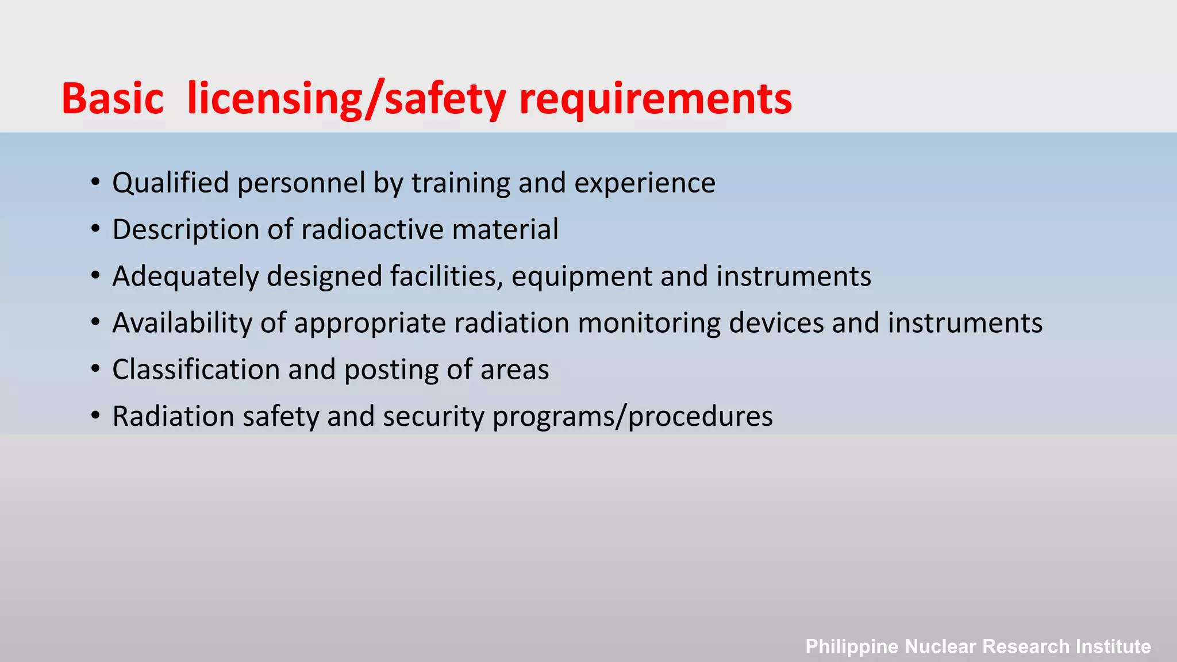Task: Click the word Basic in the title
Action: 113,99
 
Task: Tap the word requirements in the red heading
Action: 655,99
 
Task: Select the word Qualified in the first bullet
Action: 171,183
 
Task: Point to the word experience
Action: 645,183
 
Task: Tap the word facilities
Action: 446,276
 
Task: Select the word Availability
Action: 182,323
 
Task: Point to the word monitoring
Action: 649,323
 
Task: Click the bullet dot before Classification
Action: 95,370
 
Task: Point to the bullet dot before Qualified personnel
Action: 95,183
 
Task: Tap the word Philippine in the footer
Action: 852,646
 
